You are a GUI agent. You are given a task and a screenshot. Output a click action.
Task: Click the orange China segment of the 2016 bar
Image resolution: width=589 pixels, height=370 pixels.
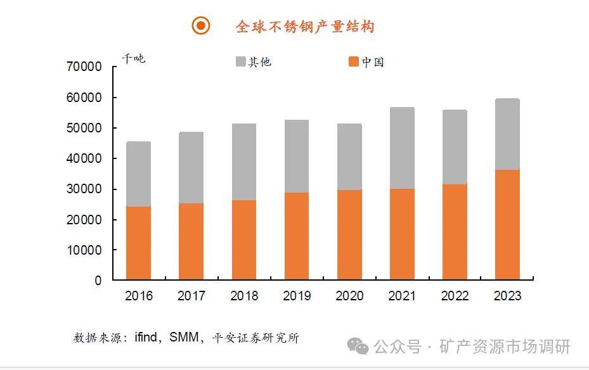click(x=138, y=243)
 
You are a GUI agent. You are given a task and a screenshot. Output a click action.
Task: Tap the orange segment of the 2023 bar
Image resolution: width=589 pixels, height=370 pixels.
click(x=507, y=224)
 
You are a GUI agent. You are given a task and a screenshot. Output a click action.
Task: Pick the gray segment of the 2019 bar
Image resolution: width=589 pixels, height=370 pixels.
click(x=296, y=156)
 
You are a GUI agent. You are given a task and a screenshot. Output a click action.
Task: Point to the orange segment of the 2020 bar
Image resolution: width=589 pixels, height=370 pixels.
click(x=349, y=234)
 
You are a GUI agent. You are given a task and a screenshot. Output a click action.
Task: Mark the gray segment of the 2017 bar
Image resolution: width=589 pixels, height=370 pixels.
click(x=191, y=168)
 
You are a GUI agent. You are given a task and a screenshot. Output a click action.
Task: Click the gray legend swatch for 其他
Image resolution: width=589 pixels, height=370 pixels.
click(x=241, y=61)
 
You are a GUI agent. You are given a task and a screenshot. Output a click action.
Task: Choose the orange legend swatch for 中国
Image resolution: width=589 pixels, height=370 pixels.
click(x=354, y=61)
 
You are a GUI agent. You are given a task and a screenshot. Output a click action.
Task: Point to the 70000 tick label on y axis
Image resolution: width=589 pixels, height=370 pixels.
click(x=84, y=67)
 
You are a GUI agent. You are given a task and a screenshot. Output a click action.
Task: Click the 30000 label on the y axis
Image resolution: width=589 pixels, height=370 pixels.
click(x=84, y=189)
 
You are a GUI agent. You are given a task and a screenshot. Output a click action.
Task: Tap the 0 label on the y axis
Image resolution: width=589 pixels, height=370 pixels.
click(x=98, y=281)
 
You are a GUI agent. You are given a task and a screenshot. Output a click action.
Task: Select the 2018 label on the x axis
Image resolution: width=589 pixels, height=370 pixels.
click(x=244, y=296)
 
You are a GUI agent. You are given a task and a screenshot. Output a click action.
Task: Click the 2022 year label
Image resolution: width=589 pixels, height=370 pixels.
click(x=455, y=296)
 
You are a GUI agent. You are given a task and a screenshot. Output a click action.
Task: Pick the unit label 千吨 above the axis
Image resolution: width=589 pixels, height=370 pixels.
click(x=133, y=59)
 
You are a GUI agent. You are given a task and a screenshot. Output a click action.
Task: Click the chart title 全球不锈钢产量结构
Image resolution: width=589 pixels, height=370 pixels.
click(x=305, y=26)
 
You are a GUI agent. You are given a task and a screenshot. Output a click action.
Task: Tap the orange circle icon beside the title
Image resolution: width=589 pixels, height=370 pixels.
click(x=200, y=25)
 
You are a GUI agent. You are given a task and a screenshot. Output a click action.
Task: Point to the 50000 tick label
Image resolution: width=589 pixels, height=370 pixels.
click(x=84, y=129)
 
